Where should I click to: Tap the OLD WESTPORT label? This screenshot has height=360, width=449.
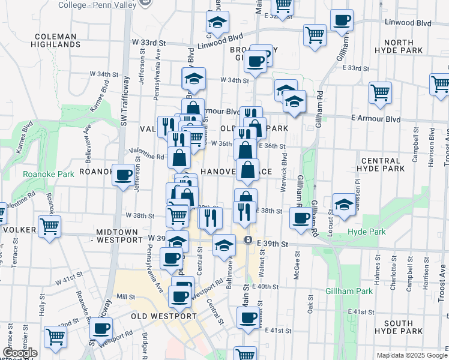click(x=164, y=316)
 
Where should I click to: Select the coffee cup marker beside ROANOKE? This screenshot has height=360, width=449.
click(x=123, y=175)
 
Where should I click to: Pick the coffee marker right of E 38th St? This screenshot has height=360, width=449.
click(x=301, y=218)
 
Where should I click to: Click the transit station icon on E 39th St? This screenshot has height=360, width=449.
click(x=247, y=239)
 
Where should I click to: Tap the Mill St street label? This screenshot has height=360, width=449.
click(x=125, y=296)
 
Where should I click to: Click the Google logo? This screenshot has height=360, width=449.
click(x=20, y=353)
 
